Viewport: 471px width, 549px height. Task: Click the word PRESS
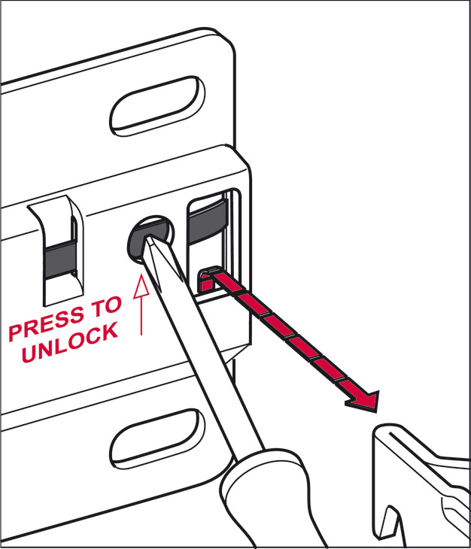tap(47, 322)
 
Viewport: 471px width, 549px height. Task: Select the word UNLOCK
tap(70, 342)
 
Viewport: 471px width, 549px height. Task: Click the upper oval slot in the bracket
tap(157, 105)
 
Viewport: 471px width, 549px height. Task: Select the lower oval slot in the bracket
tap(157, 438)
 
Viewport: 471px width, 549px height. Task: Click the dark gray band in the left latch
tap(60, 259)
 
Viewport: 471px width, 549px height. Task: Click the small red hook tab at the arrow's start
tap(208, 280)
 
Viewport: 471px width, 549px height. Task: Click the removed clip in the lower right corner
tap(421, 487)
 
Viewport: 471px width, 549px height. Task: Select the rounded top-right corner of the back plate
tap(226, 39)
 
